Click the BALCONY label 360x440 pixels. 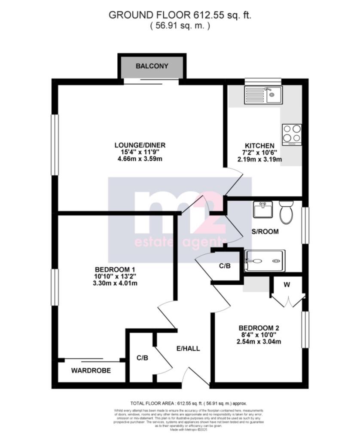152,66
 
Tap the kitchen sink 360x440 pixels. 262,95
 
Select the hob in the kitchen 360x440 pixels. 292,134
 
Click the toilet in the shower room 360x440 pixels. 286,212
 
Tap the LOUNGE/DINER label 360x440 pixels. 140,145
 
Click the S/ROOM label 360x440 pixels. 265,232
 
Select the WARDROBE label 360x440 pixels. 91,370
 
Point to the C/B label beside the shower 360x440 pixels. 225,266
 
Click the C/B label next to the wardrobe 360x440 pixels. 143,357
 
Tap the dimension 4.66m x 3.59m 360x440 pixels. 140,159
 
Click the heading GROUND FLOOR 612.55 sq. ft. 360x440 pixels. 180,15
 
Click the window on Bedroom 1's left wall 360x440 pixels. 55,287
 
